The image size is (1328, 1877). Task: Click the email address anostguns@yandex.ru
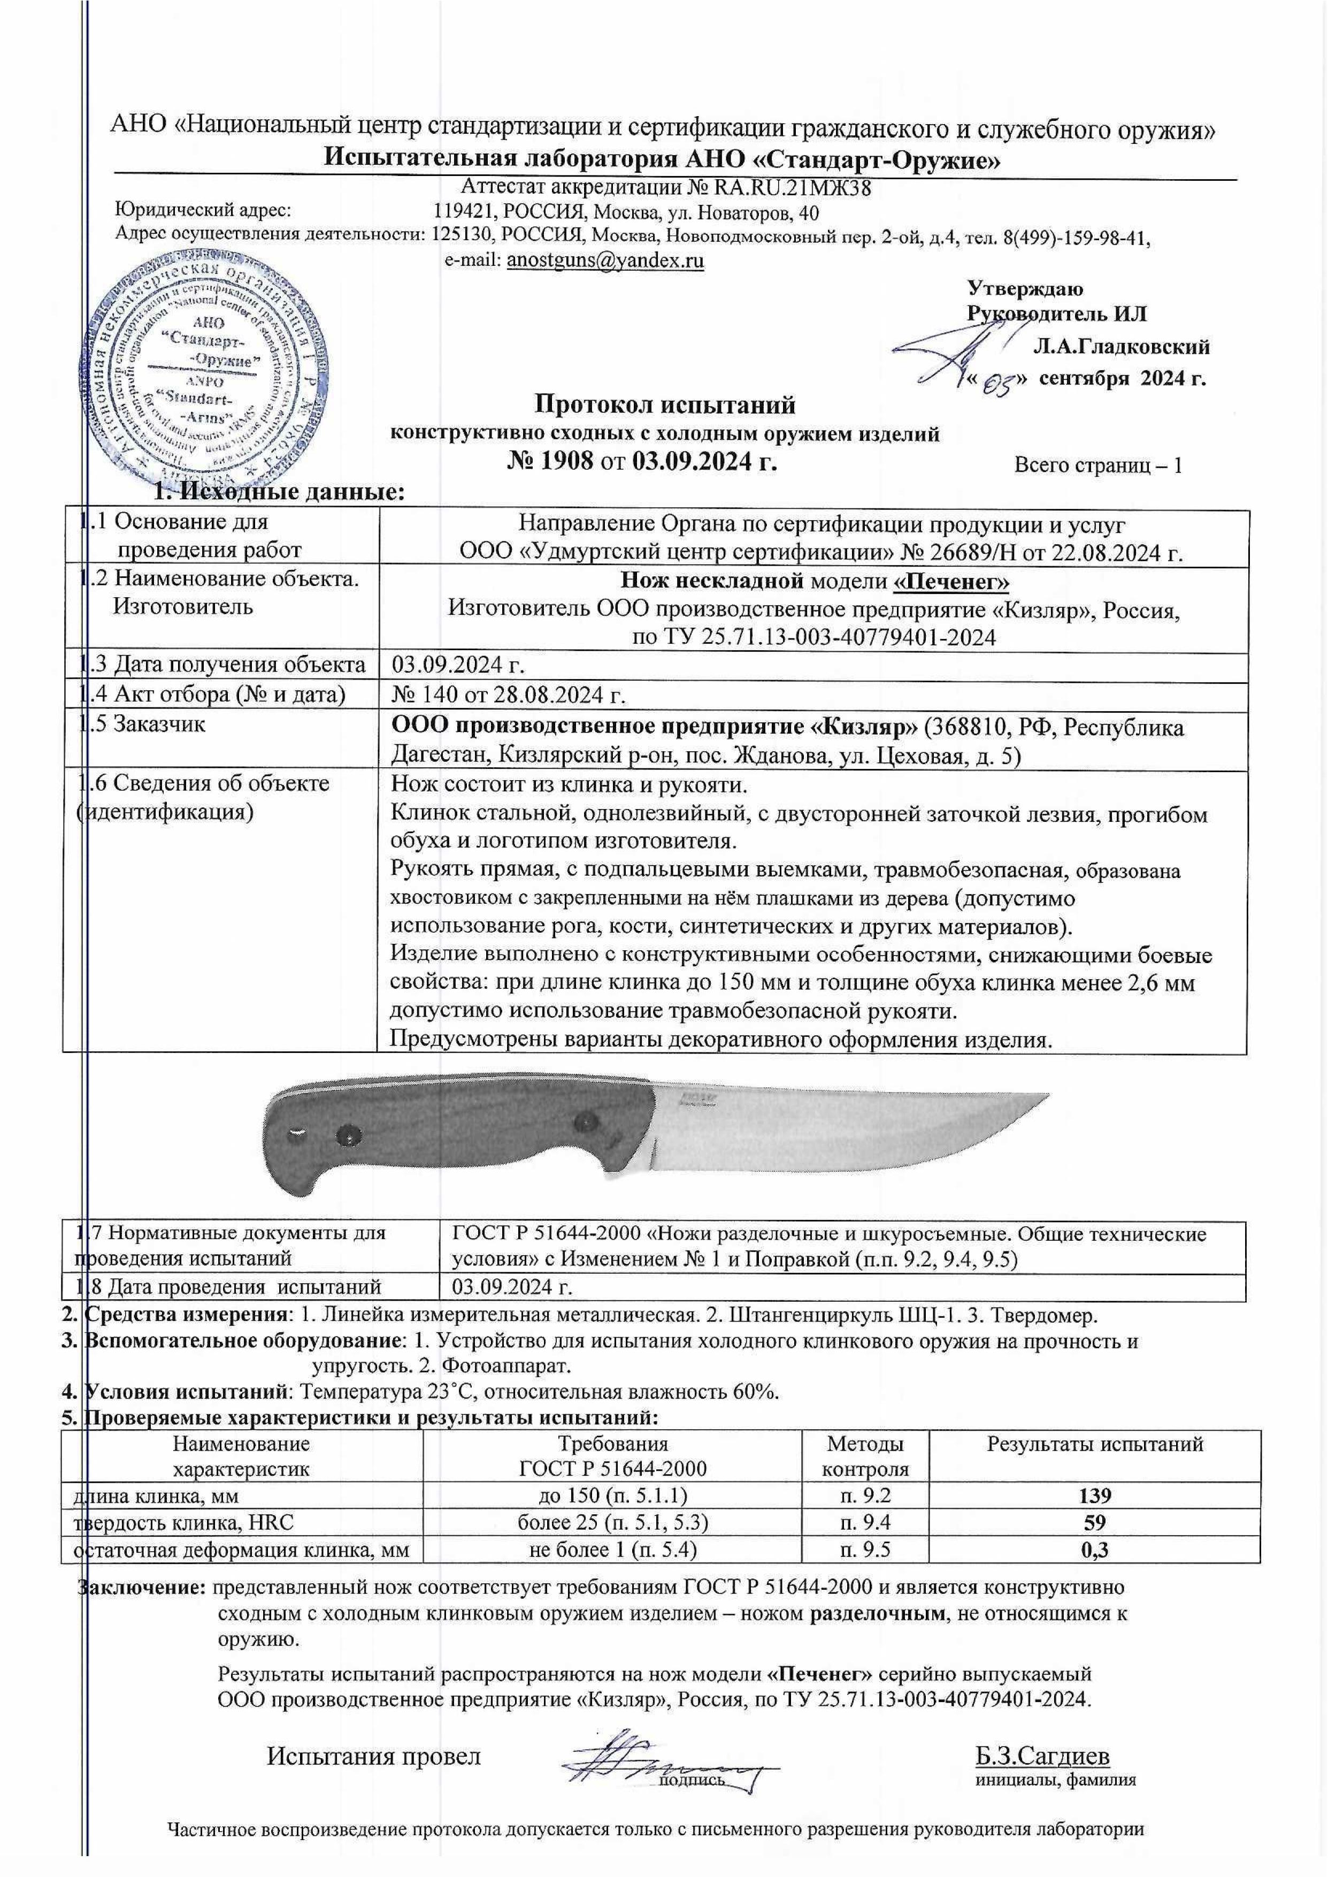605,261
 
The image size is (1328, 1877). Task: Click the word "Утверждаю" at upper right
1025,289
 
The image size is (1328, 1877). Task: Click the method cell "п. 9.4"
865,1522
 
